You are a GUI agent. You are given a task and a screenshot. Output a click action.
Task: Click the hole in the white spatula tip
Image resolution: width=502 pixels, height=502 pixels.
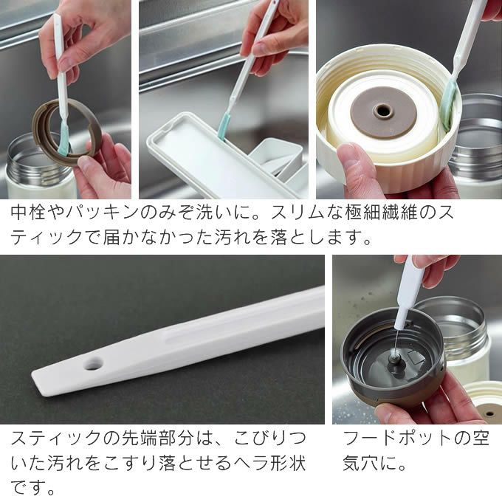tap(93, 364)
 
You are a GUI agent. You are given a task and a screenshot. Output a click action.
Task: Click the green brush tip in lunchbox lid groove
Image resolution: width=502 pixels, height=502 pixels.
tap(222, 129)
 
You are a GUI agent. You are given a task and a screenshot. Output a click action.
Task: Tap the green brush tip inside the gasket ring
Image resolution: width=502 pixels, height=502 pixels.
tap(64, 142)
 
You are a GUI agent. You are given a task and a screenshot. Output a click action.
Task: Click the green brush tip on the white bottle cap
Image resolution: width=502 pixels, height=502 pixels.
tap(447, 111)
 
